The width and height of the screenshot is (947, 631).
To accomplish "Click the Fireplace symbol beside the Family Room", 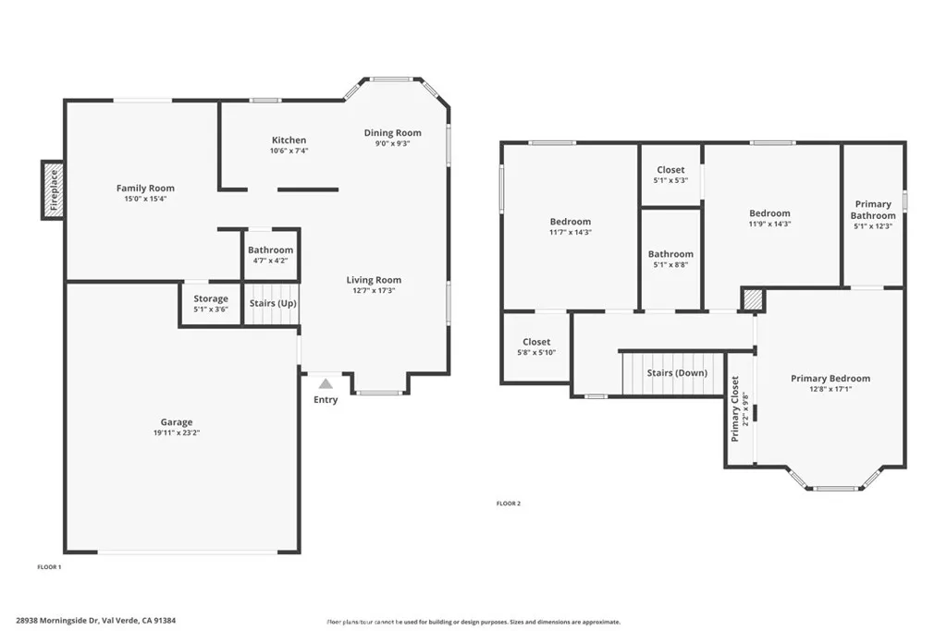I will [x=53, y=189].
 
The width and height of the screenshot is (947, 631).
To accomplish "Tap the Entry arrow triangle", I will [x=326, y=383].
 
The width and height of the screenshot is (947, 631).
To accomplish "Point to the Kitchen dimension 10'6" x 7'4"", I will [x=289, y=151].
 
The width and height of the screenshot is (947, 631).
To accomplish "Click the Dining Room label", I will [x=392, y=133].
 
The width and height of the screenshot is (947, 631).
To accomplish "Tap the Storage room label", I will [x=211, y=299].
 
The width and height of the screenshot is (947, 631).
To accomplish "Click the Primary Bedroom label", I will [x=830, y=378].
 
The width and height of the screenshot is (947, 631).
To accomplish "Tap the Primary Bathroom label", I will [x=873, y=210].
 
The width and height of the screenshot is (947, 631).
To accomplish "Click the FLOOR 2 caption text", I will [x=509, y=504].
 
